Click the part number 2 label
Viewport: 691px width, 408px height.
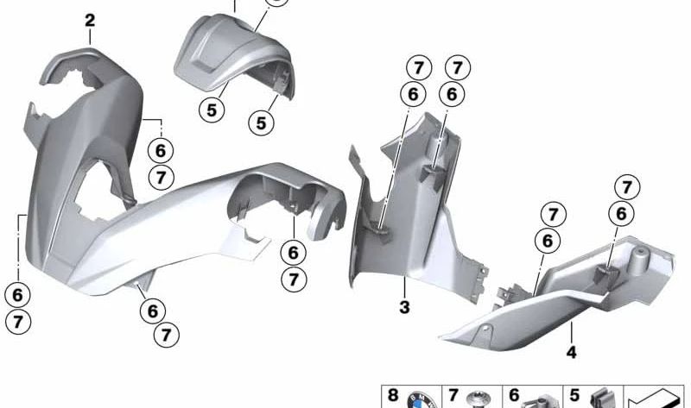[90, 19]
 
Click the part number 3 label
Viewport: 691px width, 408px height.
[403, 305]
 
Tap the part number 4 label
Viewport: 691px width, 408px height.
[571, 352]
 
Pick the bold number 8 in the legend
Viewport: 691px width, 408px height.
[393, 396]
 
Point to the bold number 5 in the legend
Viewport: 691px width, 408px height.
[574, 396]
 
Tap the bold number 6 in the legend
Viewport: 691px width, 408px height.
[513, 396]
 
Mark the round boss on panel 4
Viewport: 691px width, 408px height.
[640, 255]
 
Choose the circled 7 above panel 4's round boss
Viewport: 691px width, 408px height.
[626, 186]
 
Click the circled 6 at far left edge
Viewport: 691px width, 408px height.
[17, 295]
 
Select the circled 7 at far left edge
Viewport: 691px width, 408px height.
[17, 323]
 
